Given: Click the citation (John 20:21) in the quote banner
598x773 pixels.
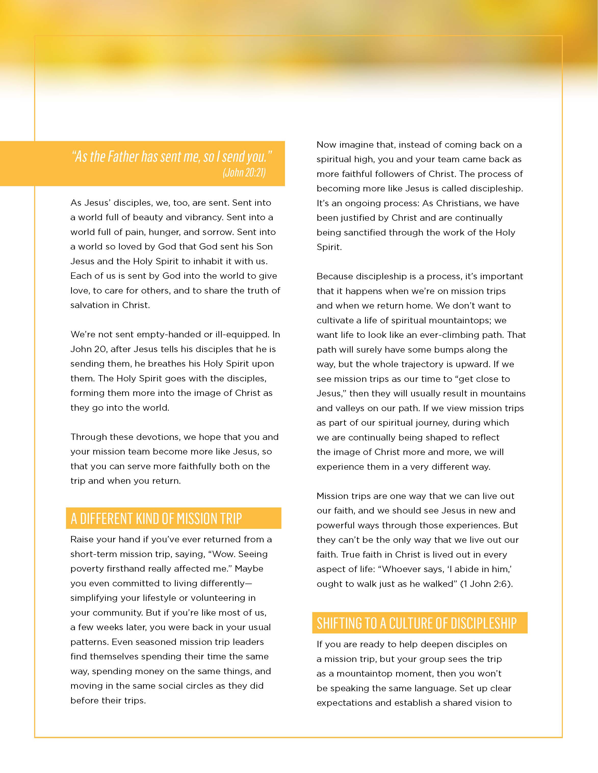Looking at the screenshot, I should (x=244, y=172).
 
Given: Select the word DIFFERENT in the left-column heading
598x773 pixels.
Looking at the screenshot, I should (x=106, y=519).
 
